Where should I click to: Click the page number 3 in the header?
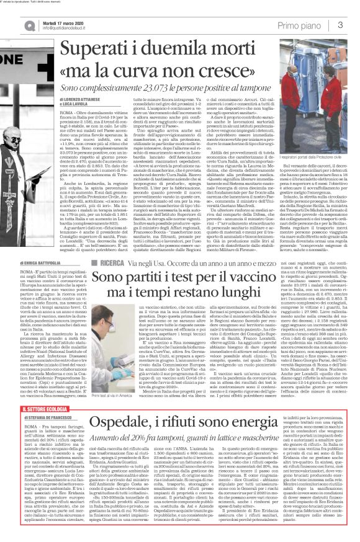coord(341,24)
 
